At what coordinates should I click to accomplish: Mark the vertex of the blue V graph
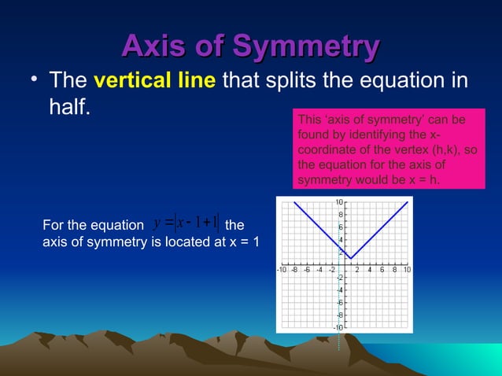[351, 257]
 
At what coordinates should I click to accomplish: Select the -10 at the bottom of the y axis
[336, 326]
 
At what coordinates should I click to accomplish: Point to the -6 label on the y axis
[338, 302]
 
